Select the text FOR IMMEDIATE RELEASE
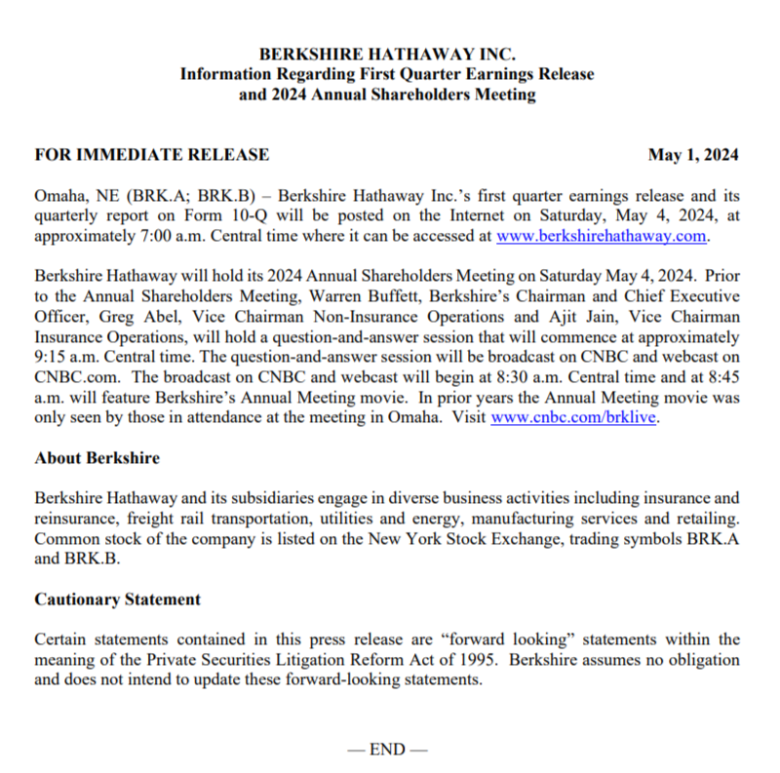click(x=152, y=155)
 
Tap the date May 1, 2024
click(x=694, y=155)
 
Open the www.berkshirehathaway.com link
click(x=601, y=236)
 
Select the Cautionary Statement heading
click(x=118, y=599)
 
